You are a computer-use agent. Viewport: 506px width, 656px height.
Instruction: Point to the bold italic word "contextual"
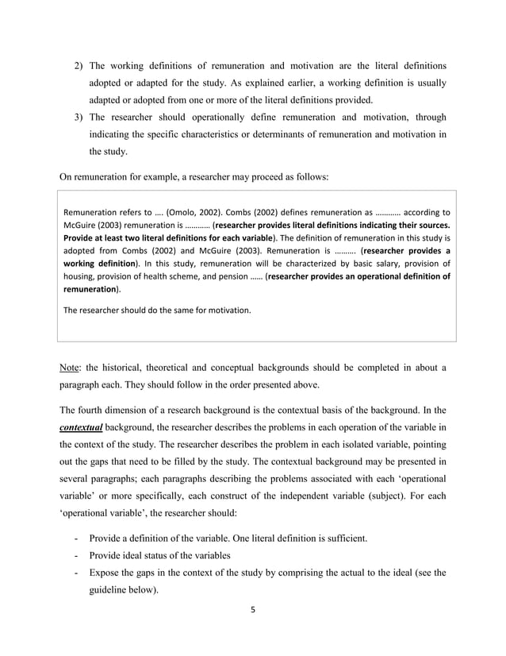click(81, 427)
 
